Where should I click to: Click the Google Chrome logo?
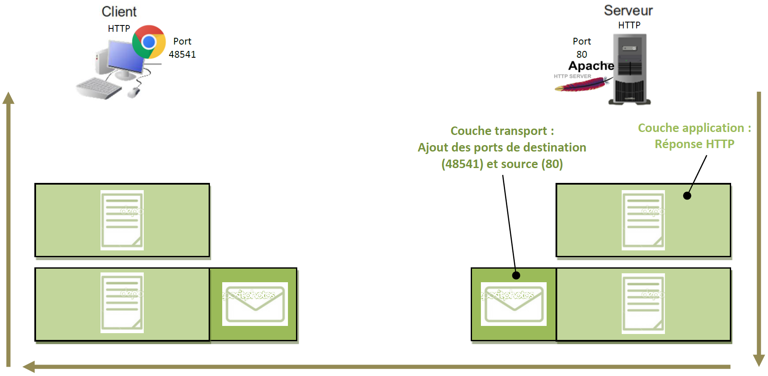[x=149, y=42]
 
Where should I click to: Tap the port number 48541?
[x=182, y=54]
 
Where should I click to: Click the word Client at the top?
[x=119, y=11]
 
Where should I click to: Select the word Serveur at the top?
[x=628, y=11]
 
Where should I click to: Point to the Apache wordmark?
[x=591, y=66]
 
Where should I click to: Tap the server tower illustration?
[x=630, y=70]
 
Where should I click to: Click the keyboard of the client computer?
[x=98, y=88]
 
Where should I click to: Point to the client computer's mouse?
[x=134, y=92]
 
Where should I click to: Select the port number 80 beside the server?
[x=582, y=54]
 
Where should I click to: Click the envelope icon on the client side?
[x=255, y=304]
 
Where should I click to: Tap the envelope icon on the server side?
[x=514, y=304]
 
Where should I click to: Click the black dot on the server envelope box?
[x=516, y=275]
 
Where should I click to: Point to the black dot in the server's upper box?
[x=687, y=196]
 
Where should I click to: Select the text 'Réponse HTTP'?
[x=694, y=144]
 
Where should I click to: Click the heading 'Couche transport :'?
[x=502, y=131]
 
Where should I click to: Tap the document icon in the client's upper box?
[x=122, y=220]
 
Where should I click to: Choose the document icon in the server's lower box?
[x=643, y=303]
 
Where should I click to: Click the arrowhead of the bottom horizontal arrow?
[x=29, y=367]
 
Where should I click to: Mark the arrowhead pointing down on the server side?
[x=759, y=360]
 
